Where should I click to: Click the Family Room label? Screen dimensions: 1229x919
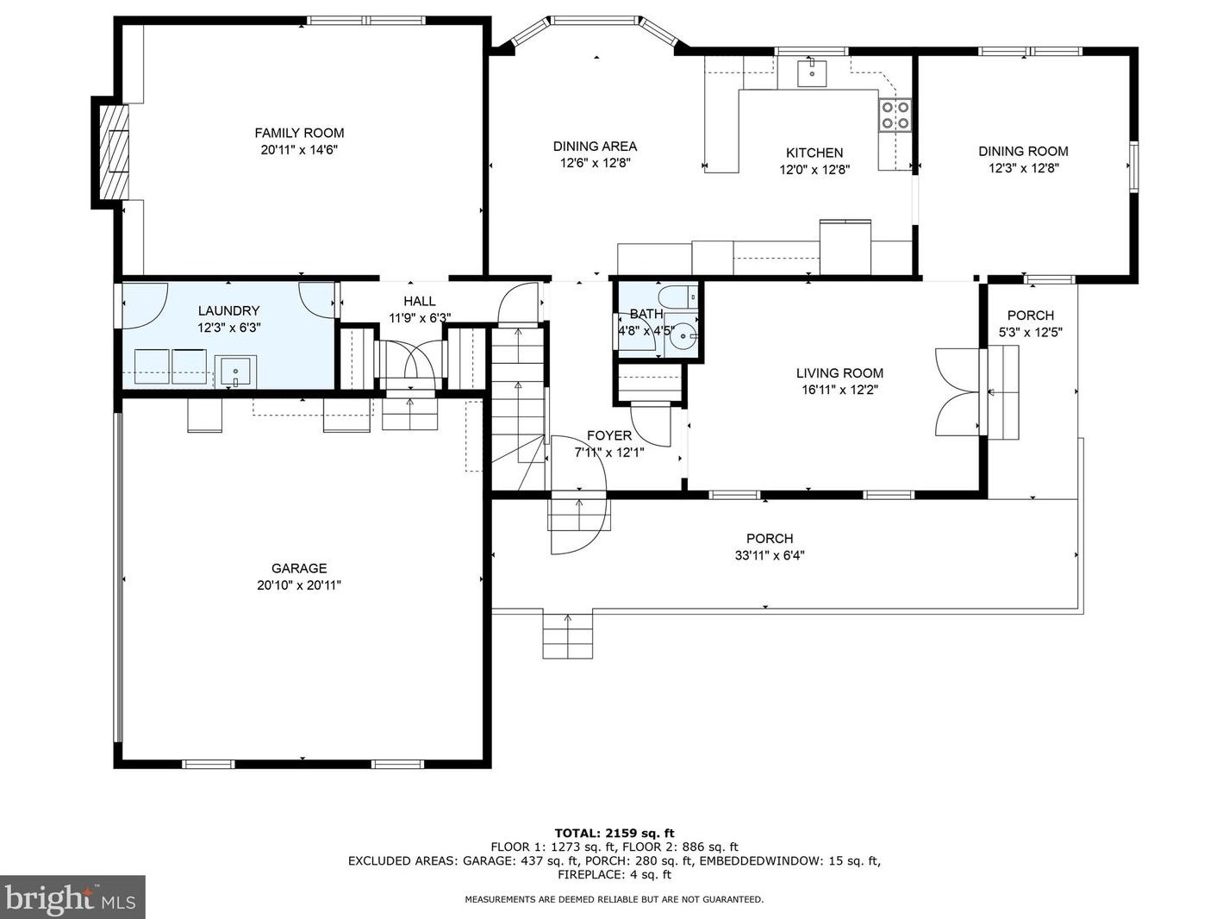coord(299,134)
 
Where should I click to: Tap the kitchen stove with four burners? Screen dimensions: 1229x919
coord(895,115)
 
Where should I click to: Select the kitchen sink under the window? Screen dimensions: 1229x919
coord(812,72)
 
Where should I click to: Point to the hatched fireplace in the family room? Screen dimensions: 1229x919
coord(114,152)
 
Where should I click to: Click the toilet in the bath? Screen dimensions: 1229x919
coord(678,297)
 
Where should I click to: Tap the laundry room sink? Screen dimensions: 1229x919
coord(236,370)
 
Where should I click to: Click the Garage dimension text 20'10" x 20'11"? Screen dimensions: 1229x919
coord(299,585)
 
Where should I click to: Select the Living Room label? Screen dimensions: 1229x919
coord(839,373)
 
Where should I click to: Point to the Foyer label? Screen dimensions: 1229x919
coord(609,435)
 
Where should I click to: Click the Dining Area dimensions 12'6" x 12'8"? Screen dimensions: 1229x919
coord(596,163)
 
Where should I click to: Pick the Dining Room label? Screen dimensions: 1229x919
coord(1023,151)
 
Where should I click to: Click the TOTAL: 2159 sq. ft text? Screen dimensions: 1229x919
coord(614,834)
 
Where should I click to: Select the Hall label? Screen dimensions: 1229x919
coord(420,301)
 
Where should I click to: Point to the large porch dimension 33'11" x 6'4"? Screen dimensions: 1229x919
coord(770,555)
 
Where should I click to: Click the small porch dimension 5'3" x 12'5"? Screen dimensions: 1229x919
coord(1030,333)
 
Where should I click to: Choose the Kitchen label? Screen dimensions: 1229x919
coord(814,153)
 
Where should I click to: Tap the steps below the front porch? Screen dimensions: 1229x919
coord(567,635)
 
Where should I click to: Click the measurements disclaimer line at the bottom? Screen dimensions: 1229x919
coord(614,899)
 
